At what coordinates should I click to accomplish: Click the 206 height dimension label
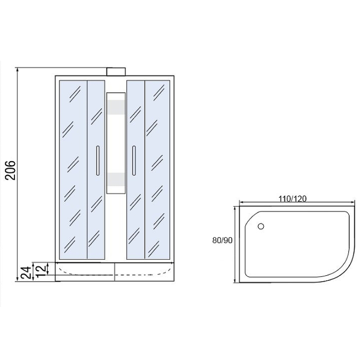10,170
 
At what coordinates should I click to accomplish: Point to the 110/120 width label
292,198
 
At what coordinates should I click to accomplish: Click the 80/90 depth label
222,240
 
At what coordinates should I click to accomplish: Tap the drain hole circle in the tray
261,226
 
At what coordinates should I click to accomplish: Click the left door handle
98,161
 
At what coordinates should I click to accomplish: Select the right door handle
134,161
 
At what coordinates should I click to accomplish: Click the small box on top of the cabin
116,72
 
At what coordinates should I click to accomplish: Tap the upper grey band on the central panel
116,107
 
